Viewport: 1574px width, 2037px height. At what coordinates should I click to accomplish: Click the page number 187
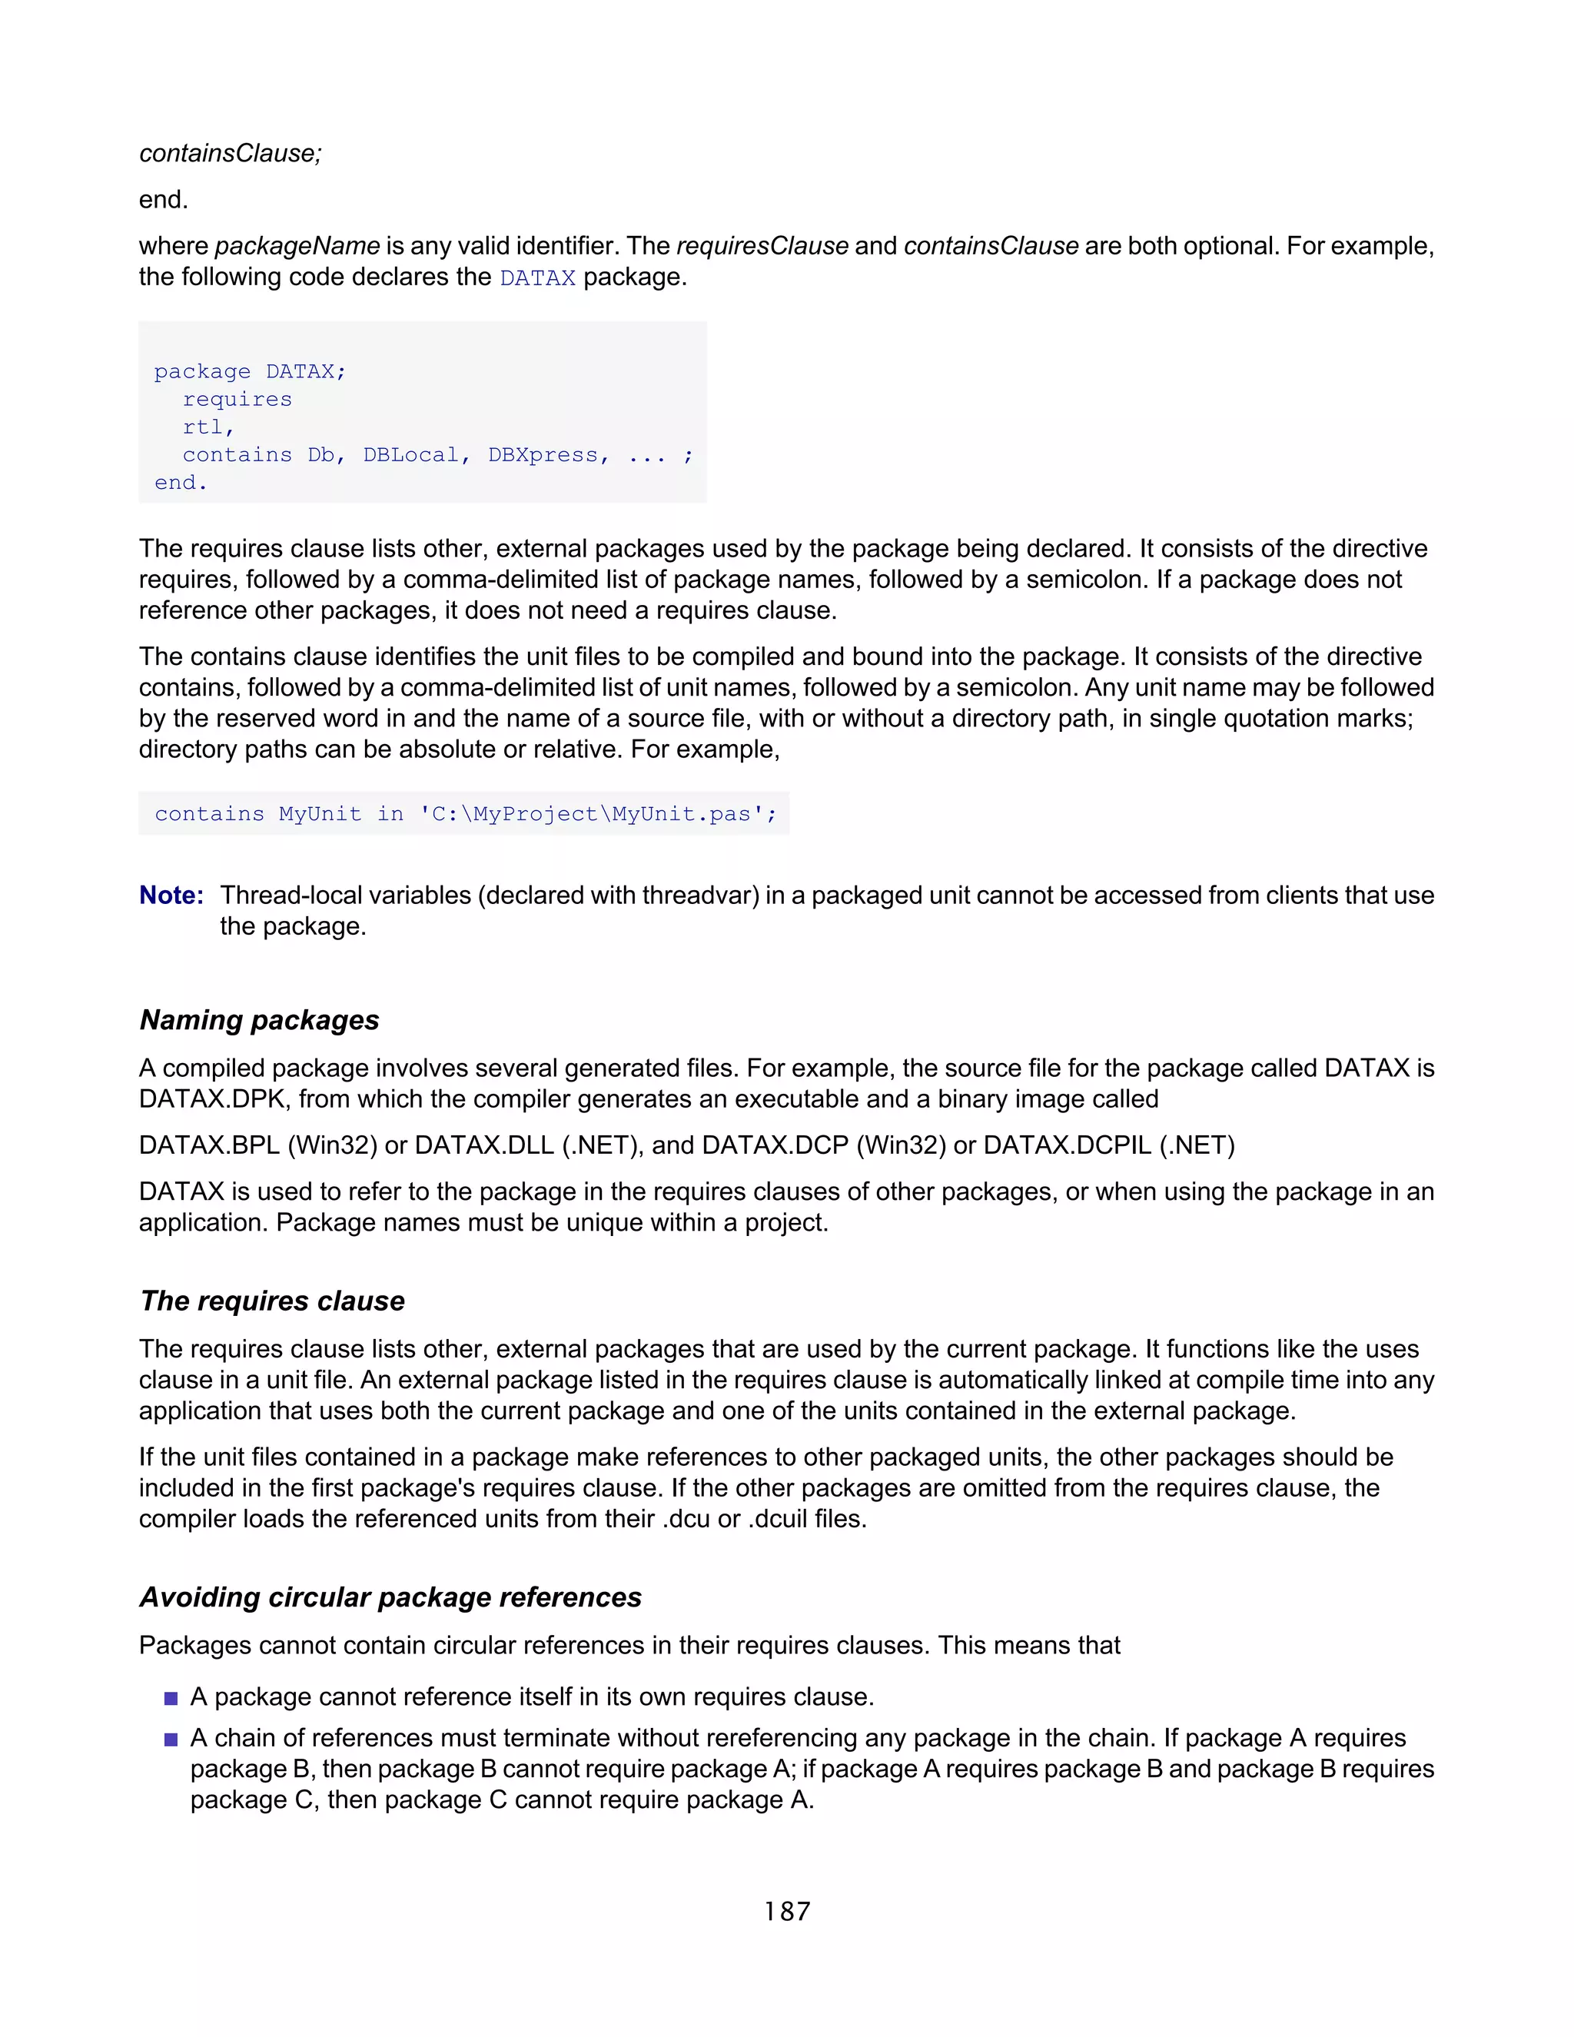pyautogui.click(x=787, y=1911)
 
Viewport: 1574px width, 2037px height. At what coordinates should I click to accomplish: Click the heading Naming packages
pyautogui.click(x=259, y=1019)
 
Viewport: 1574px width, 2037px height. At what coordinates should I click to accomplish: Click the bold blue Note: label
pyautogui.click(x=171, y=896)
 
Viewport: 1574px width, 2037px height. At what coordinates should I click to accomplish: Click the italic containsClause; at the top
pyautogui.click(x=231, y=153)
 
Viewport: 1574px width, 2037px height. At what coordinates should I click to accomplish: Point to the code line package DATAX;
pyautogui.click(x=250, y=371)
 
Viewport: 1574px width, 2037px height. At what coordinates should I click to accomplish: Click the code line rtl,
pyautogui.click(x=208, y=427)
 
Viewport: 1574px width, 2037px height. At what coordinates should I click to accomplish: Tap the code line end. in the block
pyautogui.click(x=181, y=483)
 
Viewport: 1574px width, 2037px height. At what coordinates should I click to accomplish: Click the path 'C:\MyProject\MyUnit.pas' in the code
pyautogui.click(x=596, y=814)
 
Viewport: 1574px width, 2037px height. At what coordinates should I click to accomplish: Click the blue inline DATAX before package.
pyautogui.click(x=537, y=278)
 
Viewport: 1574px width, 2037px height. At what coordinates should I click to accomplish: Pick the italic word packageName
pyautogui.click(x=297, y=246)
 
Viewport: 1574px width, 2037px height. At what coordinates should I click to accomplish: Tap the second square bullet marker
pyautogui.click(x=171, y=1740)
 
